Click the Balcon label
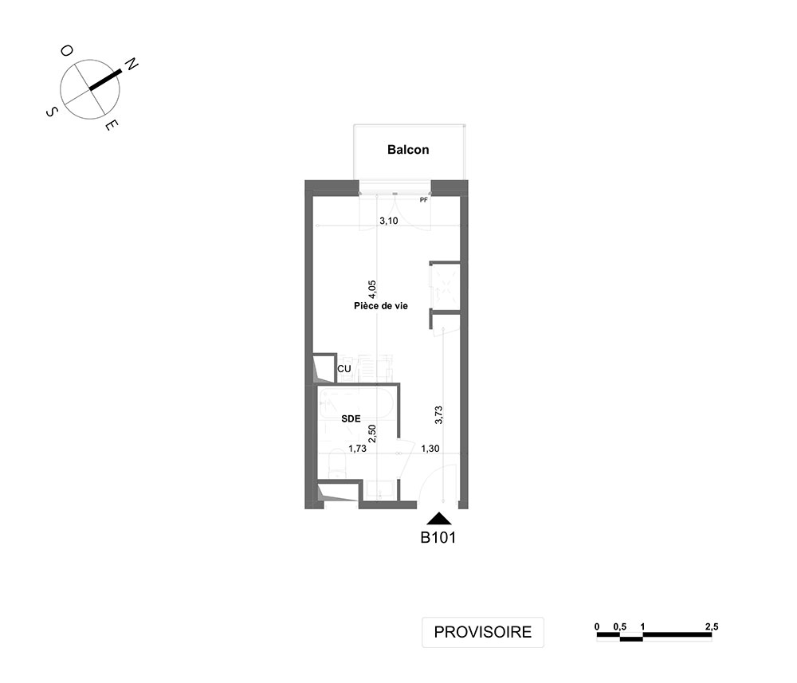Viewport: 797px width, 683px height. click(x=408, y=149)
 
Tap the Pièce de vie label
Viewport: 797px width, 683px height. click(x=381, y=306)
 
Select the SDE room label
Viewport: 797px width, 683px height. click(x=351, y=418)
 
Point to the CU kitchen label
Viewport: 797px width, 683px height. click(x=344, y=369)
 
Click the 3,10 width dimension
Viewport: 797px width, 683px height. click(x=389, y=221)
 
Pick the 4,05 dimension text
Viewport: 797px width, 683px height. click(x=372, y=289)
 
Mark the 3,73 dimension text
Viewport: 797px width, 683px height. click(x=439, y=414)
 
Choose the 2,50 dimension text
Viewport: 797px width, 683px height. click(x=372, y=434)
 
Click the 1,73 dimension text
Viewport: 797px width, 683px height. click(x=357, y=449)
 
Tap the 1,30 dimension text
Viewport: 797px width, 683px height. click(x=430, y=449)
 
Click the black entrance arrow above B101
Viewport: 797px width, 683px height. click(x=439, y=519)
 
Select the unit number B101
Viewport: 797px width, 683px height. click(x=438, y=538)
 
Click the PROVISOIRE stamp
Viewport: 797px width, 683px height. click(x=483, y=632)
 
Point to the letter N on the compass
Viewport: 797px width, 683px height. click(x=132, y=65)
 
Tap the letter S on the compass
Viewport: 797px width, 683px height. click(x=51, y=112)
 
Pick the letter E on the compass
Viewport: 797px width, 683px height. click(x=112, y=125)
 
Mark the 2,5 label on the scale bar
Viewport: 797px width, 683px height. click(x=712, y=627)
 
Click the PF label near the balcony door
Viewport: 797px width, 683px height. click(x=424, y=200)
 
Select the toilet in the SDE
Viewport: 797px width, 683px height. click(x=337, y=464)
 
